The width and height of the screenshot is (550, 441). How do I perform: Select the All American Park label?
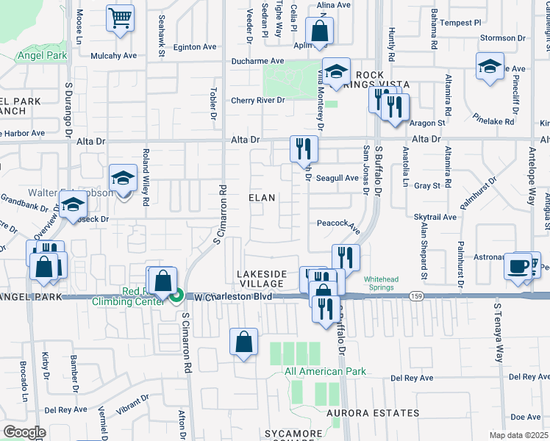tap(325, 371)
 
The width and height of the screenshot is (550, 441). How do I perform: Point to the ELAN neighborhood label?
tap(261, 198)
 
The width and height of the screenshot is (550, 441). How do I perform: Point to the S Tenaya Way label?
tap(498, 333)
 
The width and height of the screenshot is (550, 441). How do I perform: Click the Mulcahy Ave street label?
tap(115, 55)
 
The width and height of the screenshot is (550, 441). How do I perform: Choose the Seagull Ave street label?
tap(337, 178)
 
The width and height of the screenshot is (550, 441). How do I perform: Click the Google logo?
tap(24, 431)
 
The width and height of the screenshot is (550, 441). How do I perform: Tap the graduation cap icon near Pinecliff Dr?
tap(490, 67)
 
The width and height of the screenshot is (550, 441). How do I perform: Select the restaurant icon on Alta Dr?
tap(304, 149)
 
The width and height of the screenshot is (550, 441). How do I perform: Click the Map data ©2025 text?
tap(518, 435)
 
